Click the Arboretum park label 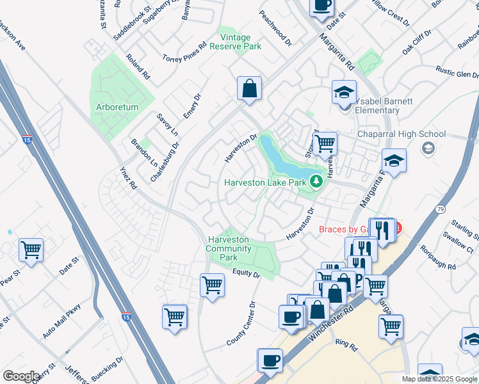[x=117, y=108]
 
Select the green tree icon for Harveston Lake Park [x=315, y=182]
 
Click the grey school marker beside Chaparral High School [x=427, y=148]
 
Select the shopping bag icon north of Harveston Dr [x=249, y=88]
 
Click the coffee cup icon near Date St [x=321, y=6]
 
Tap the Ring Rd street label [x=346, y=344]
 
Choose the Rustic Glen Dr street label [x=456, y=74]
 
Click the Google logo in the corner [x=22, y=376]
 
